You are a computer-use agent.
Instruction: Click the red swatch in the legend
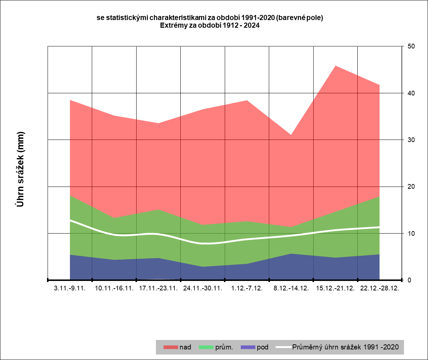(170, 347)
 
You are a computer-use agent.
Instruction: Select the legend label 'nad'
(185, 347)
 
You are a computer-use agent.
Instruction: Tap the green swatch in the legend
(206, 347)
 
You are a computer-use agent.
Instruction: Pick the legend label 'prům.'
(224, 347)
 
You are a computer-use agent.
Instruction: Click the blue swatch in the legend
(248, 347)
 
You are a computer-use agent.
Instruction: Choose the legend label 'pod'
(263, 347)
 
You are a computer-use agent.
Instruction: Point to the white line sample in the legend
(283, 347)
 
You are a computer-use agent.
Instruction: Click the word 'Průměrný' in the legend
(308, 347)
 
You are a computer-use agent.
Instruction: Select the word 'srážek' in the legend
(354, 347)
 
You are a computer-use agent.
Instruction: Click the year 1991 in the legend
(373, 347)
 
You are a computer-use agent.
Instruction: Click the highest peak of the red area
(335, 66)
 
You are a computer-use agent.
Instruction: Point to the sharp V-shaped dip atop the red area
(291, 134)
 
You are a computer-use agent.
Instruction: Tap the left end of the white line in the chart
(70, 220)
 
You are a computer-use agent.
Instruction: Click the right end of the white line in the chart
(380, 227)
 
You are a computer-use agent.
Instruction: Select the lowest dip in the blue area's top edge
(203, 266)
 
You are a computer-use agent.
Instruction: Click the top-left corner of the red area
(70, 100)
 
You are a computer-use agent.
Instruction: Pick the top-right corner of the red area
(379, 85)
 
